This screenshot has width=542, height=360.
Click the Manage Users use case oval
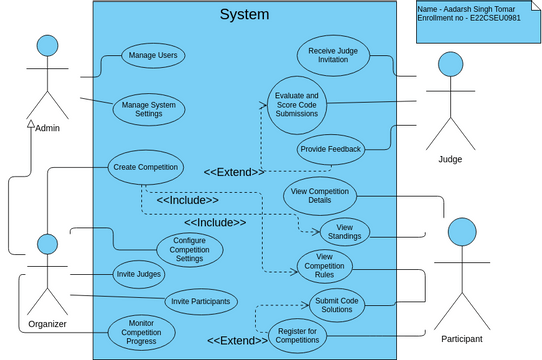(153, 56)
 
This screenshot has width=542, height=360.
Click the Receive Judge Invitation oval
(333, 55)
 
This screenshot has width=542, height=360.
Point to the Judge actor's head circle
(450, 65)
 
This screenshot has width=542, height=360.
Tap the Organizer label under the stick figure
(46, 323)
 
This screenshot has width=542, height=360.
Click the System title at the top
(244, 14)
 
